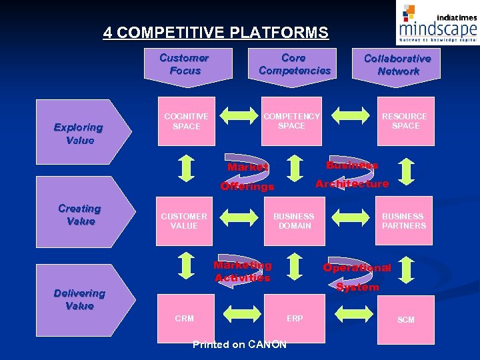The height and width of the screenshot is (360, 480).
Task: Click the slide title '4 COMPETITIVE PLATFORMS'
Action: tap(215, 33)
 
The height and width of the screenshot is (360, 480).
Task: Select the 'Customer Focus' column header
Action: tap(185, 65)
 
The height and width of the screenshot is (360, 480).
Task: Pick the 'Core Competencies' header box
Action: tap(294, 65)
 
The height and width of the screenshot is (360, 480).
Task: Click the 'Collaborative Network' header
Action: tap(397, 65)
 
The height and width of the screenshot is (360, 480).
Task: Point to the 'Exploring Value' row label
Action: tap(79, 133)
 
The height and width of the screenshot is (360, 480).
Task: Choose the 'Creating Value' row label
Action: tap(79, 215)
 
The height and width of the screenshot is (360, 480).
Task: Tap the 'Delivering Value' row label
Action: tap(79, 299)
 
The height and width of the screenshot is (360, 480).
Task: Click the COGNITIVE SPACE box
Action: tap(186, 121)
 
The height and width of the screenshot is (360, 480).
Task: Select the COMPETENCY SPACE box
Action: tap(291, 121)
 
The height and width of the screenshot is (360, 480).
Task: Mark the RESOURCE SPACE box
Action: tap(405, 121)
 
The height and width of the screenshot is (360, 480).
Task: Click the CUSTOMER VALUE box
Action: tap(184, 221)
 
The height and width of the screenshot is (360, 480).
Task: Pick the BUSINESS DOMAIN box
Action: tap(294, 221)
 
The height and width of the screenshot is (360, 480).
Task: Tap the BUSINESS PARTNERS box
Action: tap(403, 221)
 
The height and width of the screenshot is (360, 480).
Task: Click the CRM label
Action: tap(185, 319)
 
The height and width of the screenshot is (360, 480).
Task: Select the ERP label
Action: tap(295, 319)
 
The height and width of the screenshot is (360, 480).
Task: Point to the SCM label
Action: tap(405, 320)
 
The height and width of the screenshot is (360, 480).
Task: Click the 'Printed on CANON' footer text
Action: tap(239, 345)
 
